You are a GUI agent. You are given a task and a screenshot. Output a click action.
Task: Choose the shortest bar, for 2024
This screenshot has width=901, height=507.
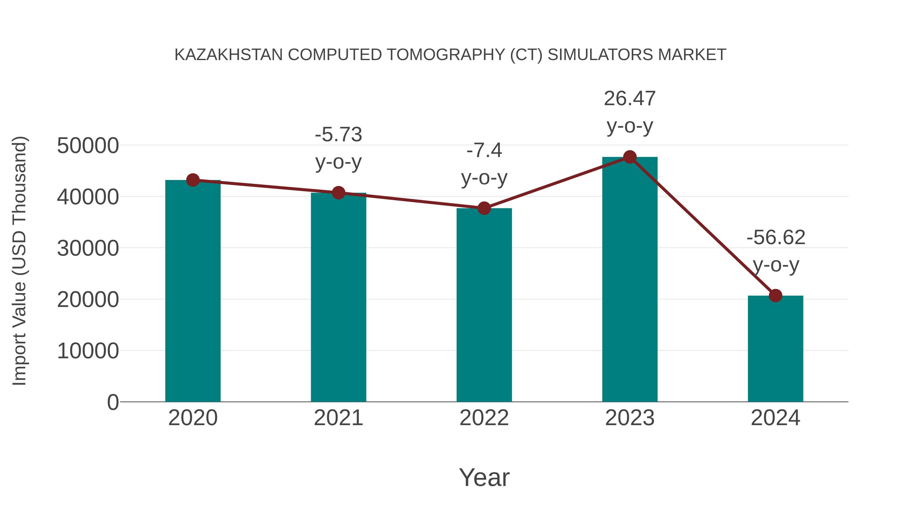pyautogui.click(x=775, y=350)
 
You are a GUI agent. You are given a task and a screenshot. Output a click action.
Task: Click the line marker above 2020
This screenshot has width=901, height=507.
pyautogui.click(x=193, y=180)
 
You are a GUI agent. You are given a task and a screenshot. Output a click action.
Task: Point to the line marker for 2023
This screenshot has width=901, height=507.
pyautogui.click(x=630, y=157)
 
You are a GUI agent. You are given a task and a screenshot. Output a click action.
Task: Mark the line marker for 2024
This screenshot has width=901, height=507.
pyautogui.click(x=775, y=296)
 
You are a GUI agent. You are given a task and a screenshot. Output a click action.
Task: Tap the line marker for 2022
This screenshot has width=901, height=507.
pyautogui.click(x=484, y=208)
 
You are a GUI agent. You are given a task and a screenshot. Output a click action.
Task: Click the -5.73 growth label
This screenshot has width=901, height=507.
pyautogui.click(x=338, y=135)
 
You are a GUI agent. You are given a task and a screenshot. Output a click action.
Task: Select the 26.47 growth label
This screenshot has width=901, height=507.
pyautogui.click(x=630, y=99)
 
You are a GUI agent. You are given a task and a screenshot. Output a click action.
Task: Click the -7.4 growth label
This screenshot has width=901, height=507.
pyautogui.click(x=484, y=150)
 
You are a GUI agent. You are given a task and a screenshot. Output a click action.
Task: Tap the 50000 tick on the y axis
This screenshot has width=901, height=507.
pyautogui.click(x=88, y=145)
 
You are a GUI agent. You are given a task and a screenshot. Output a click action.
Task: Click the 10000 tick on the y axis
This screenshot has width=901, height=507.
pyautogui.click(x=88, y=351)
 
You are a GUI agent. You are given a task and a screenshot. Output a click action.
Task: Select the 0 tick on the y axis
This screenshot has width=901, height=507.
pyautogui.click(x=113, y=402)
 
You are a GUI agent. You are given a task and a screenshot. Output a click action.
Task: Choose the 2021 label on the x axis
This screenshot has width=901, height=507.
pyautogui.click(x=338, y=418)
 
